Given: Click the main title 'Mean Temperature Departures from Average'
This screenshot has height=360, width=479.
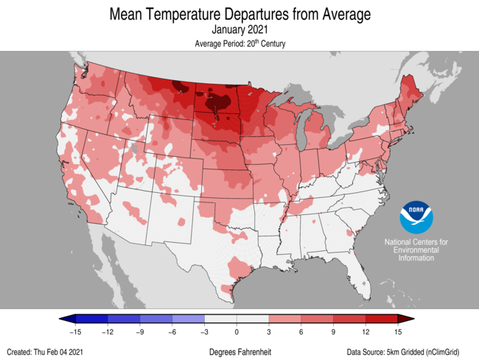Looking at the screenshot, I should coord(239,14).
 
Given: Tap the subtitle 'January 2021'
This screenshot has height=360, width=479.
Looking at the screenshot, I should coord(239,30).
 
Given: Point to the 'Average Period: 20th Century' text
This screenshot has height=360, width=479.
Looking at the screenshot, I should coord(239,44).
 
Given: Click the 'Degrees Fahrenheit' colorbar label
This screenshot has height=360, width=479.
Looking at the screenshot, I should coord(239,351).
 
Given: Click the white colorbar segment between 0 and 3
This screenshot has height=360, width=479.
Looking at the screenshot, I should coord(253,319).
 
